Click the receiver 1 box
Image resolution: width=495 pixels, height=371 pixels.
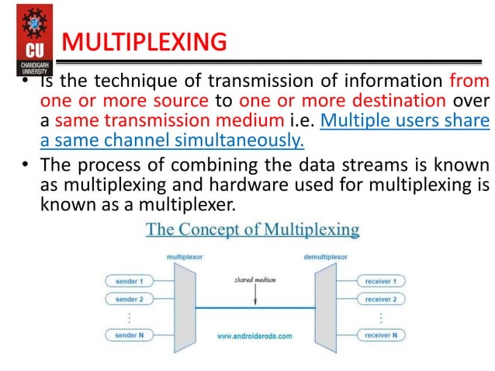click(x=377, y=279)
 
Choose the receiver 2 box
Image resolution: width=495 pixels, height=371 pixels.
click(x=377, y=298)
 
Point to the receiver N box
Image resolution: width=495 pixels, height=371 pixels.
click(x=377, y=335)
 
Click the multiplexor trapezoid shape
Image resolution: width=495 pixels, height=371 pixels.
click(x=184, y=307)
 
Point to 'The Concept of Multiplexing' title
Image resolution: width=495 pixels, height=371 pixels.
click(x=253, y=230)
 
